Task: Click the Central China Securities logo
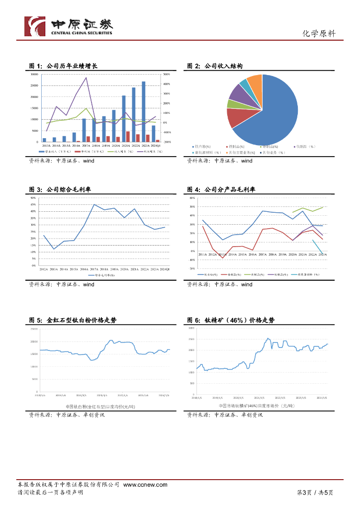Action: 69,26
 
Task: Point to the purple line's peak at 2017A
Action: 86,78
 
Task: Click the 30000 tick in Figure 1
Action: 34,74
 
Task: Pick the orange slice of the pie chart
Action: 255,85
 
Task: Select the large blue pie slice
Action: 271,112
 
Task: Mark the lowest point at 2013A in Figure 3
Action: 54,249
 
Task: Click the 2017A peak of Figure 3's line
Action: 94,204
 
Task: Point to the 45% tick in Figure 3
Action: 33,205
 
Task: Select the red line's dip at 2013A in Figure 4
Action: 222,258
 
